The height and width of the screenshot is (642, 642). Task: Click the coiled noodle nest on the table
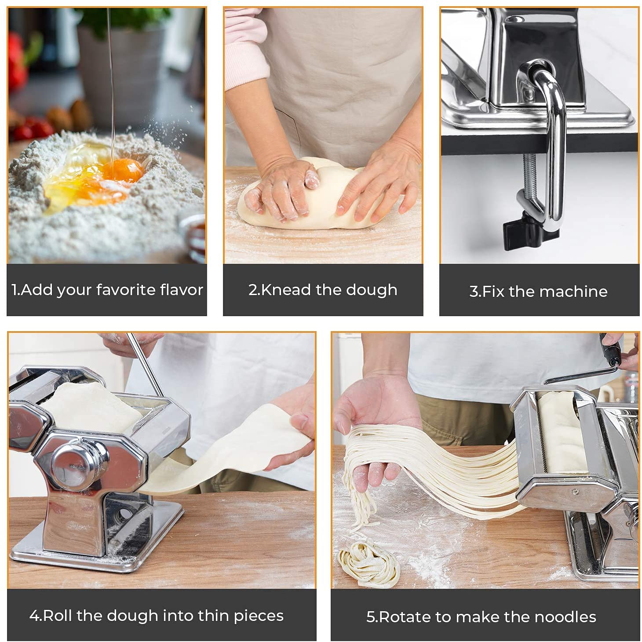click(x=368, y=562)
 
